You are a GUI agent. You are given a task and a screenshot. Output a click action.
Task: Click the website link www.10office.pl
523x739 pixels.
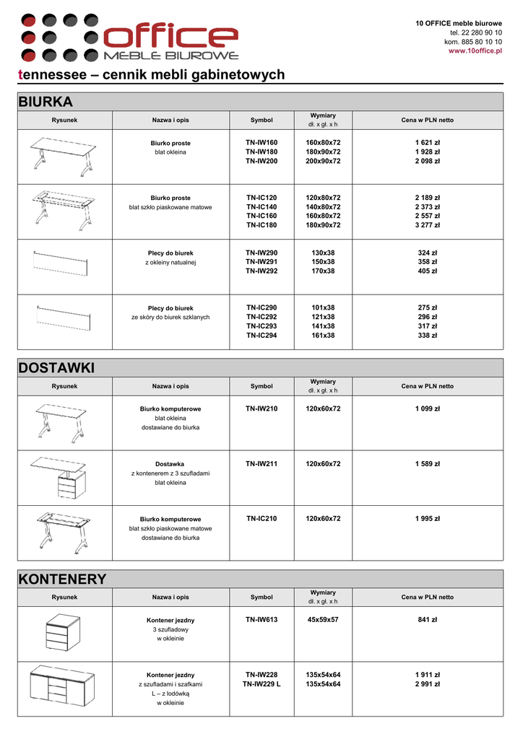pyautogui.click(x=475, y=51)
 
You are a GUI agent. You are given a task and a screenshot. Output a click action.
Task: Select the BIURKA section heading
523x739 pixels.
pyautogui.click(x=46, y=102)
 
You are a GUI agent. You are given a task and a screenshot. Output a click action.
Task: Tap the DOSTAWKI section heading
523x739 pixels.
pyautogui.click(x=56, y=368)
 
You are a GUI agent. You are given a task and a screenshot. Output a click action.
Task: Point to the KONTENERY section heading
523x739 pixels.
pyautogui.click(x=62, y=579)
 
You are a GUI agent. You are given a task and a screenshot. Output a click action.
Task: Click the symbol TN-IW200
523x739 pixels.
pyautogui.click(x=261, y=161)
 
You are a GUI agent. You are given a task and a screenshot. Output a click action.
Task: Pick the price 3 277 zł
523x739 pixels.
pyautogui.click(x=428, y=225)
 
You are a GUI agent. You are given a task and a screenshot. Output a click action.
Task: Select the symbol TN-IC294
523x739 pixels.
pyautogui.click(x=261, y=335)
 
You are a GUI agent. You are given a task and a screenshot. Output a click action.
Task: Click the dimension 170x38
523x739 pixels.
pyautogui.click(x=323, y=271)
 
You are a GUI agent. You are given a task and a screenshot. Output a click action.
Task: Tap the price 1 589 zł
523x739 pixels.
pyautogui.click(x=428, y=464)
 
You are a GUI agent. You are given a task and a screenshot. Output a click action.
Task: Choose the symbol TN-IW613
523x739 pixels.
pyautogui.click(x=261, y=619)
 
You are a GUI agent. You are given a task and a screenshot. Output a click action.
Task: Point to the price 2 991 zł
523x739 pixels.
pyautogui.click(x=428, y=684)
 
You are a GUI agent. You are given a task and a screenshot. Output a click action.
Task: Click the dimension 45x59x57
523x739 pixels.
pyautogui.click(x=323, y=619)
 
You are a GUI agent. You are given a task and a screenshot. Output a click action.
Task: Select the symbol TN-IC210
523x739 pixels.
pyautogui.click(x=261, y=518)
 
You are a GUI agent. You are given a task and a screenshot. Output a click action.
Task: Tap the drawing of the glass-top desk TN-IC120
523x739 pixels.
pyautogui.click(x=64, y=210)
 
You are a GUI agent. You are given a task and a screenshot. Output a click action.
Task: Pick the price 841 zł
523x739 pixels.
pyautogui.click(x=428, y=619)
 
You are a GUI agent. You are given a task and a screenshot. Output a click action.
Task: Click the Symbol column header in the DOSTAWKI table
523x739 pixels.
pyautogui.click(x=261, y=386)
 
